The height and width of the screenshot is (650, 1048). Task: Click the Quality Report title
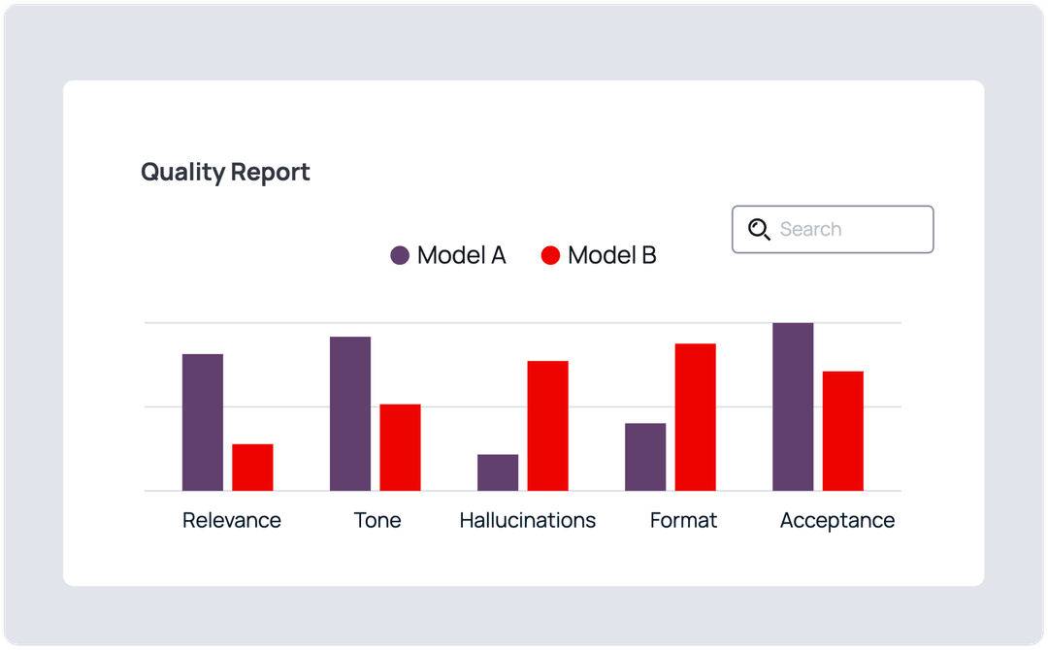225,173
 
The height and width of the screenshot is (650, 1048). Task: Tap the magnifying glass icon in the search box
759,229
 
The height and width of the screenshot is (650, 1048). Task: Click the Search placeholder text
810,230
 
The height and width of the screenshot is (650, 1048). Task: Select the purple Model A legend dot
400,256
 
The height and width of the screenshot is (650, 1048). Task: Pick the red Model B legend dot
550,256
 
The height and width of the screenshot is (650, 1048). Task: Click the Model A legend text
461,256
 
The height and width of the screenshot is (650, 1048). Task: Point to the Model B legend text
611,256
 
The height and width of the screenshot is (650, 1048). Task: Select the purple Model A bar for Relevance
203,422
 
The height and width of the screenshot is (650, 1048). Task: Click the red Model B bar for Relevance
252,467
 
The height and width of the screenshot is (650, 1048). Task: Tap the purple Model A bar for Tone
350,413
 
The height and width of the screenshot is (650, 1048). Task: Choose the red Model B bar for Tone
400,447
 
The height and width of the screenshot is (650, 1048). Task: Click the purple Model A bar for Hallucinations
498,472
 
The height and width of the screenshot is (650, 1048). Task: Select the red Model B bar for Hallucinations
547,426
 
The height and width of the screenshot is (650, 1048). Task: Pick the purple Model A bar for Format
645,457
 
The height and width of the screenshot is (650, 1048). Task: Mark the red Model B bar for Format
695,417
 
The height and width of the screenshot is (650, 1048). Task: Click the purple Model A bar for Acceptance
793,406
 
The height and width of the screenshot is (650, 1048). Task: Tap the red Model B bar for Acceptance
842,431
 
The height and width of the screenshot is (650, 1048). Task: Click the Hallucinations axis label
527,521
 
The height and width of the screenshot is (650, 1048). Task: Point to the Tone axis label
377,521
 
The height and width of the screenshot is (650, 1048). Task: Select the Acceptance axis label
836,521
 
